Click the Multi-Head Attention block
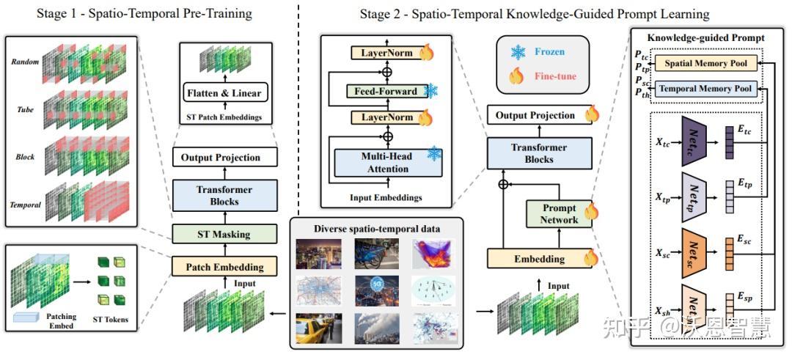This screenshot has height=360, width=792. click(378, 162)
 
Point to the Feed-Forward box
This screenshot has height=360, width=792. click(382, 92)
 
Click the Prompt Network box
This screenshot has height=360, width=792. click(559, 214)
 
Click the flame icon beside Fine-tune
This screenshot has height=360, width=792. click(517, 76)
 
